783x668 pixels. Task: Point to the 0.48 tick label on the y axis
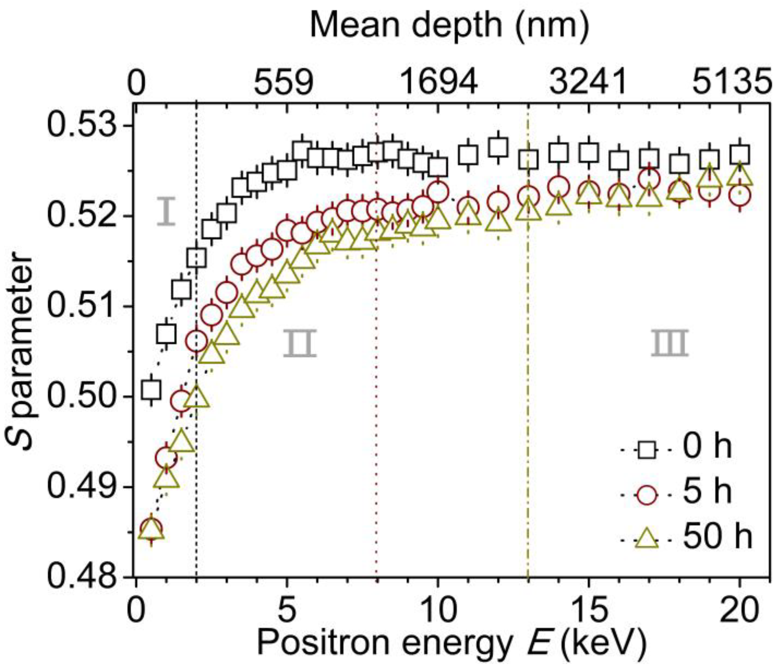82,577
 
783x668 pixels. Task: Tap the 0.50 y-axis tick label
82,397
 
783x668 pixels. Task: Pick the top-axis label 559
283,83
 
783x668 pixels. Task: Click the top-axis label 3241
588,83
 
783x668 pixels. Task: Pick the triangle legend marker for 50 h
646,538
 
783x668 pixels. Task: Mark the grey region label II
300,343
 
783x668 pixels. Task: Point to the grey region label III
669,343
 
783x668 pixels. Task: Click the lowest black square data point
151,389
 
